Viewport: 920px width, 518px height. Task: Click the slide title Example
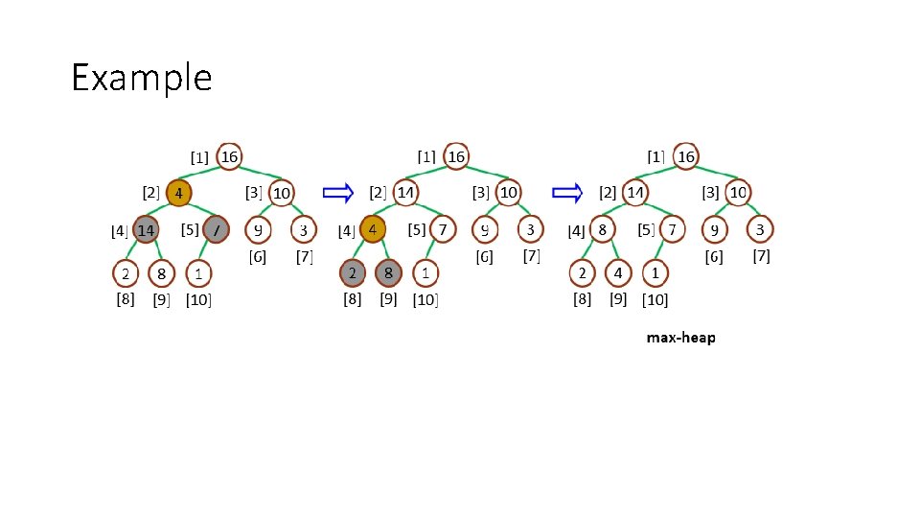142,77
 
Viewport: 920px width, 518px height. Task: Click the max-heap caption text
680,338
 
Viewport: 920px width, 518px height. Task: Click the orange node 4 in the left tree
178,193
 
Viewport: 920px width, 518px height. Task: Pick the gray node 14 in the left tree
146,230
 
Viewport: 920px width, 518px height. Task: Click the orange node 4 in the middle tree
373,230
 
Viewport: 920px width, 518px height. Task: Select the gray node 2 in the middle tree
354,273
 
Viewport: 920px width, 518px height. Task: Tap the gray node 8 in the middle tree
388,273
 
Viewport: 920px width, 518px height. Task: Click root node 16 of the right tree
685,156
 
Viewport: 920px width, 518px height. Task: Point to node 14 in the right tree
634,193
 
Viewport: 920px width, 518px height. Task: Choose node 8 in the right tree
602,230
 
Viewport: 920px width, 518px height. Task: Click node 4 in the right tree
618,273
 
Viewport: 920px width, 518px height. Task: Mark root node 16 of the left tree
229,156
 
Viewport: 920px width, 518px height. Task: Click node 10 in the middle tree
509,193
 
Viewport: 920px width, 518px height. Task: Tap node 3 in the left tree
304,230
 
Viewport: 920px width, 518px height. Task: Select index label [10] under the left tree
198,300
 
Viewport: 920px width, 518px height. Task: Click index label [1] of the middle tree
426,155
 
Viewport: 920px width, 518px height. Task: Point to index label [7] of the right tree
762,256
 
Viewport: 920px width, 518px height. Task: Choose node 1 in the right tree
654,273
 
